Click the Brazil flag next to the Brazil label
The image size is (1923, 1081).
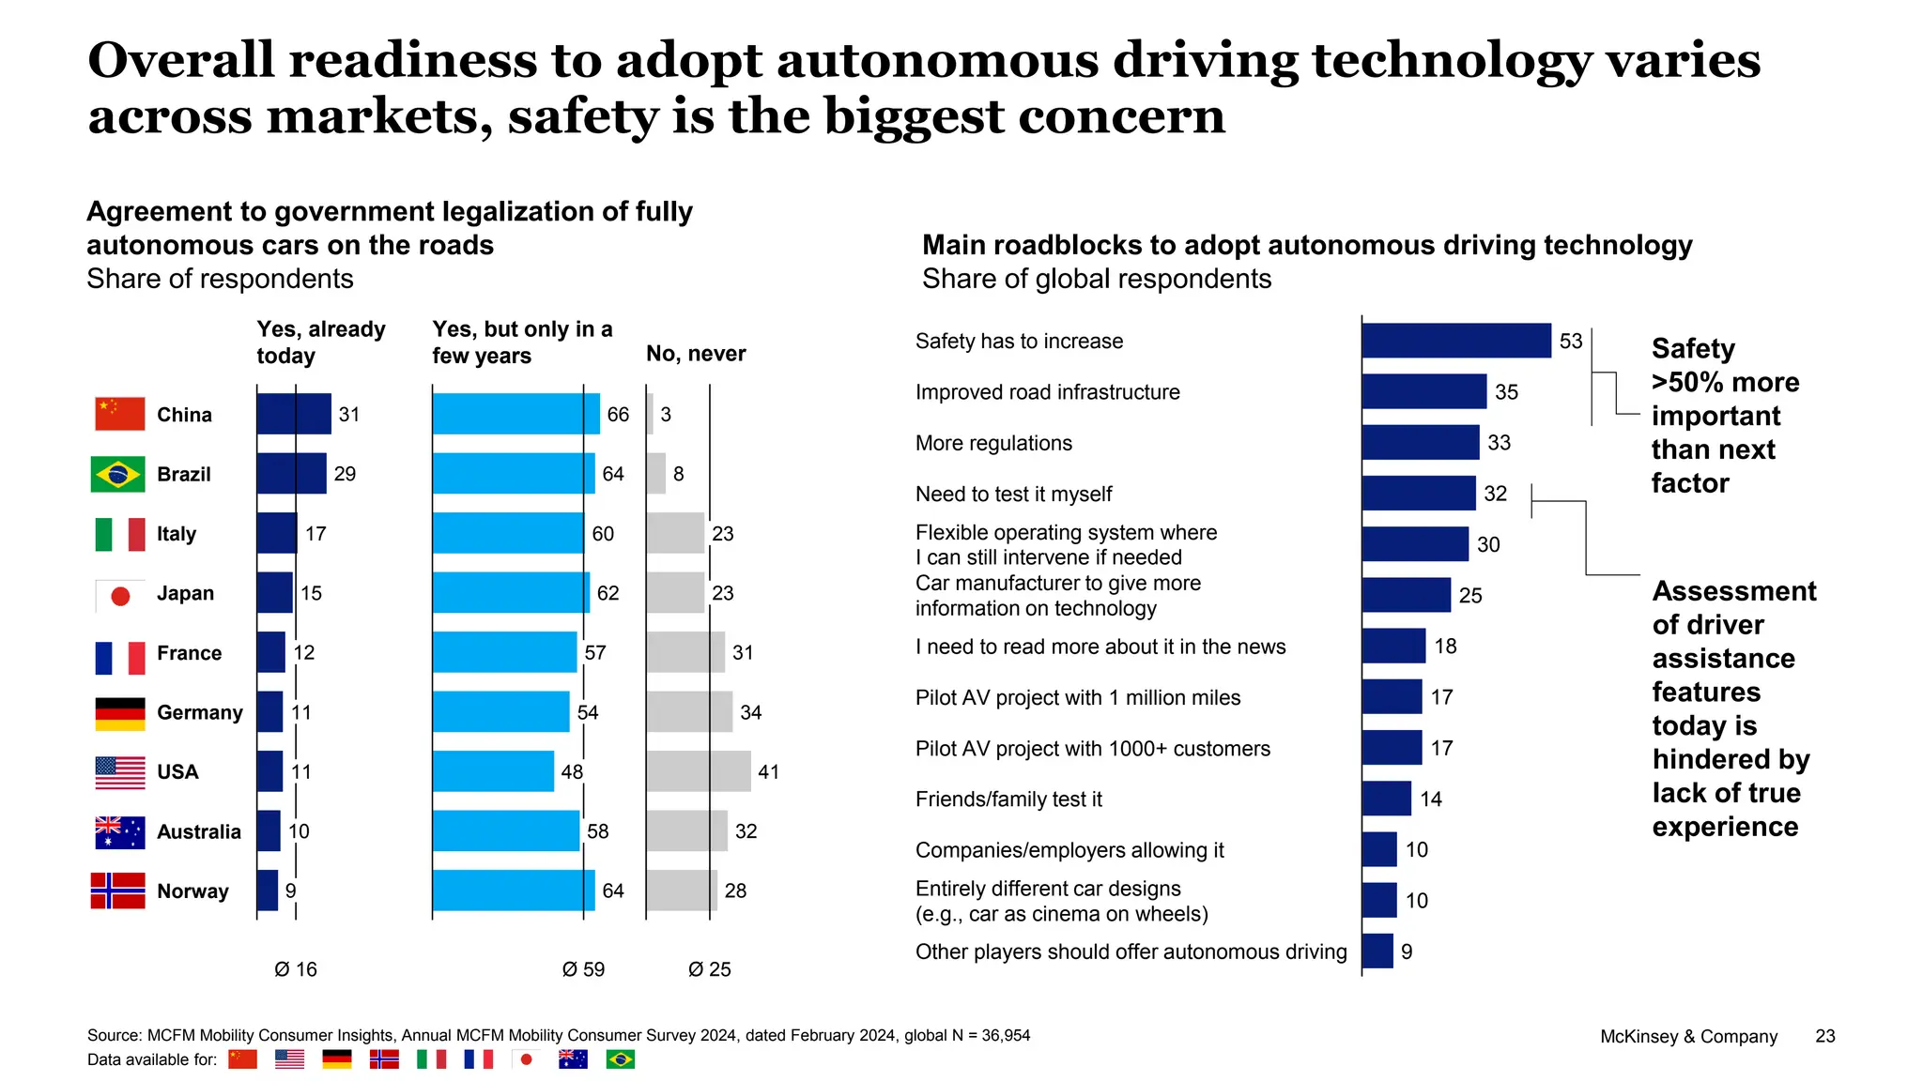coord(118,474)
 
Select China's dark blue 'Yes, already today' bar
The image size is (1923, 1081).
coord(293,414)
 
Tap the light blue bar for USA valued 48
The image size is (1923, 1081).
coord(493,771)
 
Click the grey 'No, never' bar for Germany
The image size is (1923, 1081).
coord(688,712)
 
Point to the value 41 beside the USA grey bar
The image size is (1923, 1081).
coord(768,772)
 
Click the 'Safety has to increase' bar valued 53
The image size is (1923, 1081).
coord(1455,341)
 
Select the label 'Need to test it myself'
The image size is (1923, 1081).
coord(1013,494)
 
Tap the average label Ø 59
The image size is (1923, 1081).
coord(583,969)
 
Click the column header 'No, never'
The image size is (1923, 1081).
coord(696,354)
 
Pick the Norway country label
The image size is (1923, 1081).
coord(192,891)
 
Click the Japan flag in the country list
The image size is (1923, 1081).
coord(119,595)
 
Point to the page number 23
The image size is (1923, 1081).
coord(1824,1036)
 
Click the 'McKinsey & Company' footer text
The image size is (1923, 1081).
coord(1688,1037)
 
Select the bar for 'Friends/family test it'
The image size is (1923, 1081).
coord(1386,799)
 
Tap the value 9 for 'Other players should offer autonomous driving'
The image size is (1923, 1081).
coord(1406,952)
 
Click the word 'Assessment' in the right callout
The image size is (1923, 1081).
coord(1733,591)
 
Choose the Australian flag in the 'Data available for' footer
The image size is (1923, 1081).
coord(573,1059)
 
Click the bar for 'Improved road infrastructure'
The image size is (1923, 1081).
coord(1423,391)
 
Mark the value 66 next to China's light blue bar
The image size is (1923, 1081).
coord(618,415)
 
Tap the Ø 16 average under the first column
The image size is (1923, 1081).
coord(296,969)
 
